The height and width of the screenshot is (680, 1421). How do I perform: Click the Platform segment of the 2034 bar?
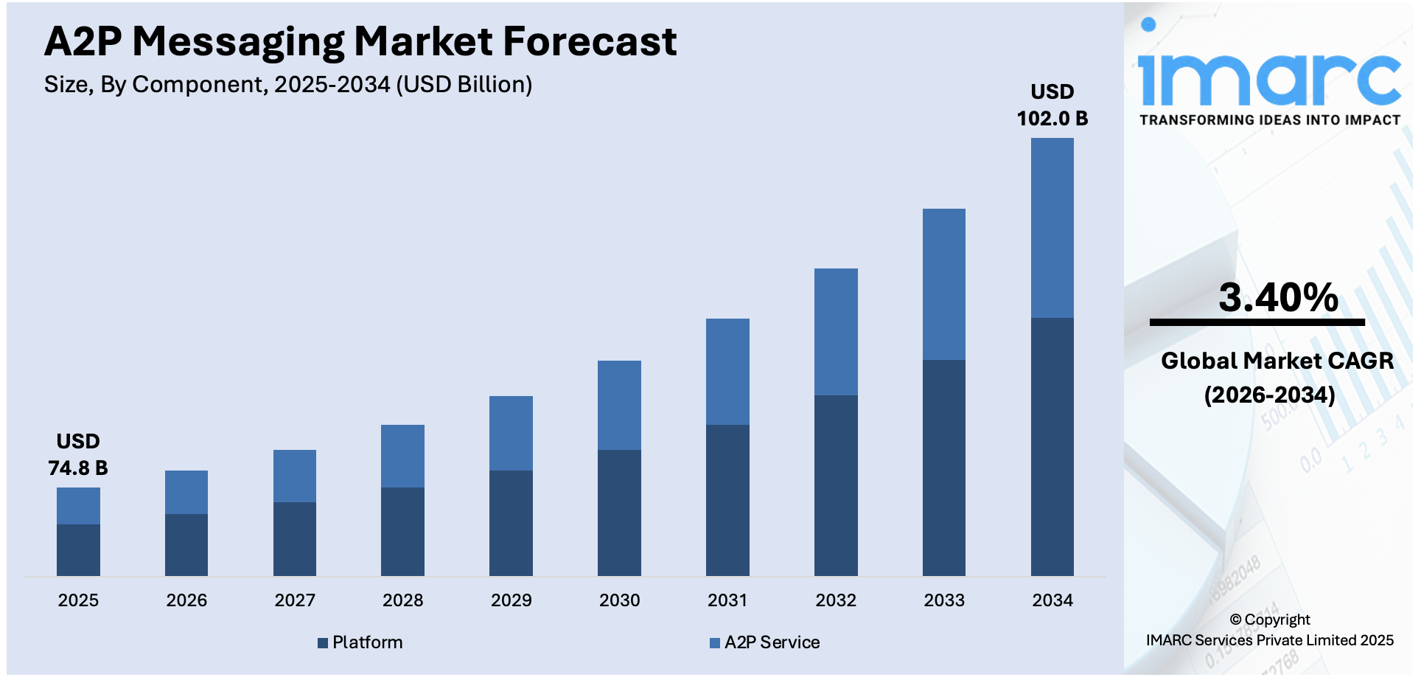[x=1052, y=446]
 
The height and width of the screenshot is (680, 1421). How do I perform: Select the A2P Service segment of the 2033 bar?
[x=943, y=284]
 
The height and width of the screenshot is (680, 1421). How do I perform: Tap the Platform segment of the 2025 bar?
[x=78, y=549]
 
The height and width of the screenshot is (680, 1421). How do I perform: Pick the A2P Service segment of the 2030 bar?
[x=619, y=405]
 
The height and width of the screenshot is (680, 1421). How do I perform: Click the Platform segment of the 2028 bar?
[x=402, y=531]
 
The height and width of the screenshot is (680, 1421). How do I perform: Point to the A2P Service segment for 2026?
[x=186, y=492]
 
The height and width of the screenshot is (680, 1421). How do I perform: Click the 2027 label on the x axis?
[x=295, y=600]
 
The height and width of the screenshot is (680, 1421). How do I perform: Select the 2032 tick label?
[x=836, y=600]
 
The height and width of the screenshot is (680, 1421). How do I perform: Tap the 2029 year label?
[x=511, y=600]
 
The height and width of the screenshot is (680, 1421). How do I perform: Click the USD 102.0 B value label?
[x=1052, y=105]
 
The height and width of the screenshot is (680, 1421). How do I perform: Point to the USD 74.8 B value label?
[x=78, y=455]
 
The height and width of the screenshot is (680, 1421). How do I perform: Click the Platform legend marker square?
[x=323, y=643]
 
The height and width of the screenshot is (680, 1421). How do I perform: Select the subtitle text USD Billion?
[x=464, y=85]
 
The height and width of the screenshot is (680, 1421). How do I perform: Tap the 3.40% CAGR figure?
[x=1278, y=297]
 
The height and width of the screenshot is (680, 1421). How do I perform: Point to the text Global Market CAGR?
[x=1277, y=361]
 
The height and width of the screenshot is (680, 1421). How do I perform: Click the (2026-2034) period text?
[x=1269, y=395]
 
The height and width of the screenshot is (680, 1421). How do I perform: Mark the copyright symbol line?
[x=1269, y=620]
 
